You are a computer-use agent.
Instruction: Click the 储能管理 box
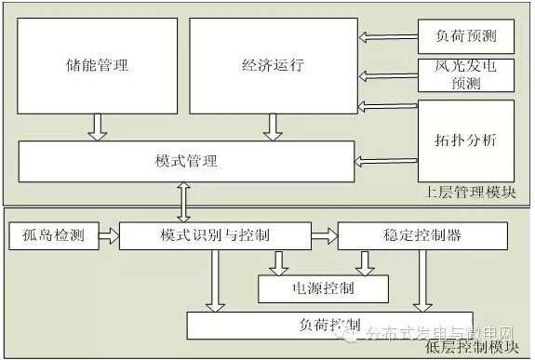(x=98, y=66)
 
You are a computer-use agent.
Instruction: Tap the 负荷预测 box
(x=466, y=37)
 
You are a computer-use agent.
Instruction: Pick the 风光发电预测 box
(x=466, y=75)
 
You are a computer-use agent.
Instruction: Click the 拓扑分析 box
(x=466, y=140)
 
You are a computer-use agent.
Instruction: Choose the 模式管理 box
(x=187, y=161)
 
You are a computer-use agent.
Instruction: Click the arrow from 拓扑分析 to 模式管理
(x=388, y=161)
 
